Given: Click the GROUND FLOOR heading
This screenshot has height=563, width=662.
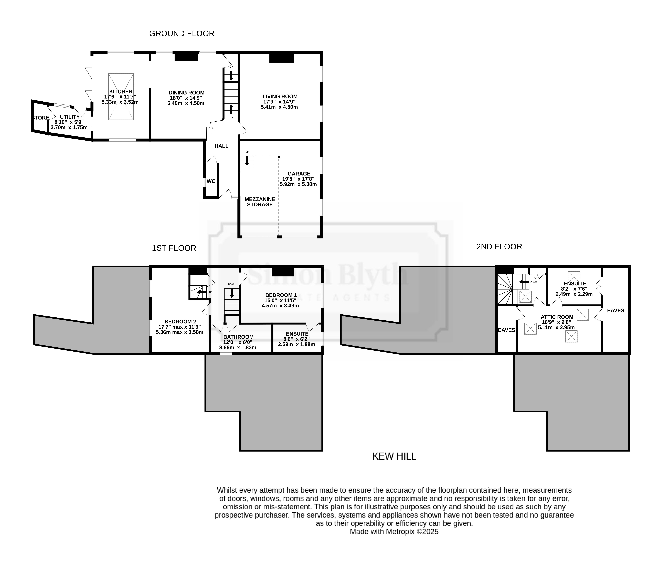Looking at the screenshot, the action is (x=182, y=33).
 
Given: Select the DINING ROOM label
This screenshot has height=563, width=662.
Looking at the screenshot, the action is (x=187, y=93).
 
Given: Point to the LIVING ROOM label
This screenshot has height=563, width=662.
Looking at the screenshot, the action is (x=280, y=96).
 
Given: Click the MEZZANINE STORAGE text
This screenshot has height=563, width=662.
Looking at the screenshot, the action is (x=260, y=202).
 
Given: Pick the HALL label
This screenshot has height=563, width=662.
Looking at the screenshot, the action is (x=221, y=146).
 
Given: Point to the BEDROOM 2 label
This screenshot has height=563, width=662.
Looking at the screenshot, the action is (x=180, y=322).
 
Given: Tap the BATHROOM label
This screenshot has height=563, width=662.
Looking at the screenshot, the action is (x=238, y=337).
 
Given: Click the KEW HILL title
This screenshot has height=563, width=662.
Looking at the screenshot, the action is (x=394, y=456).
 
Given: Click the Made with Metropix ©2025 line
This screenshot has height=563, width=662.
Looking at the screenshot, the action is (x=394, y=532).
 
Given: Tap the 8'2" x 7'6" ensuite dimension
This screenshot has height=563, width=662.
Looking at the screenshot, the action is (x=574, y=289).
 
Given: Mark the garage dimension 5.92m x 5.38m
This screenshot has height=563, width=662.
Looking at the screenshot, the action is (x=298, y=184).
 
